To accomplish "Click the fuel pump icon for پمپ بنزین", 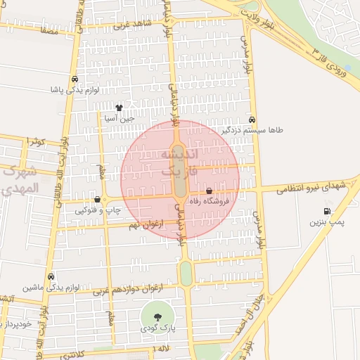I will [326, 211].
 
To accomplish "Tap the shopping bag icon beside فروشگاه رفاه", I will [210, 191].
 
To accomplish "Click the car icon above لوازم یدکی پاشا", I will [75, 79].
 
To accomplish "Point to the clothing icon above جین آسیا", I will [119, 108].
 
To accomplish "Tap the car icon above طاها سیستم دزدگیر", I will [252, 120].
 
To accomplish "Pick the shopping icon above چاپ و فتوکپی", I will [97, 200].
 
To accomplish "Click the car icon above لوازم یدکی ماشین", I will [51, 277].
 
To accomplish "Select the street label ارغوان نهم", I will [145, 226].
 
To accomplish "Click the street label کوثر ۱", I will [35, 142].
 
